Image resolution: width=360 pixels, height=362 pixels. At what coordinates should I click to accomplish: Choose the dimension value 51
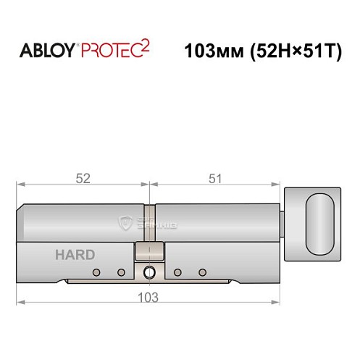[215, 177]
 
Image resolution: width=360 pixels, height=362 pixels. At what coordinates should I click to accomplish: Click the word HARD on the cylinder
[75, 254]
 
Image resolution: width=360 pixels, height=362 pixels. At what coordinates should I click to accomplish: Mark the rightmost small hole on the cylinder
[202, 273]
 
